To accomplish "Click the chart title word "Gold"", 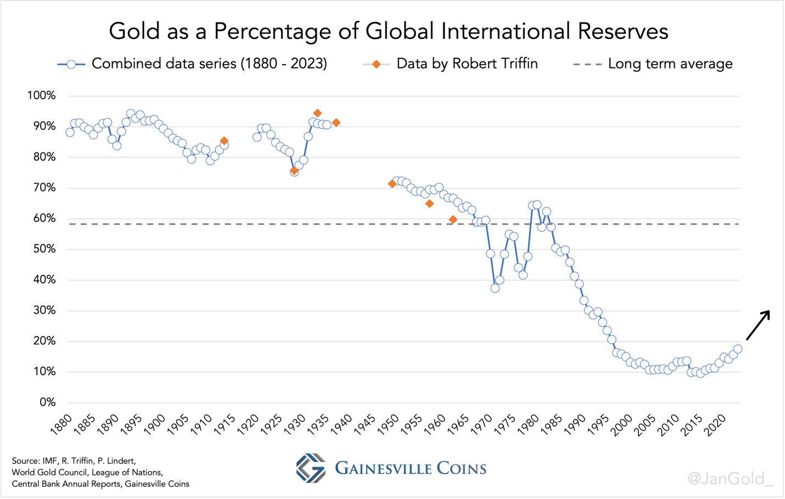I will (132, 31).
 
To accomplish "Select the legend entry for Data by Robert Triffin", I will (450, 64).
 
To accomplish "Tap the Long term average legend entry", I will (653, 64).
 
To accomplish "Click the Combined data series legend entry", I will (192, 64).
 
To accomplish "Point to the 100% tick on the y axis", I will (42, 96).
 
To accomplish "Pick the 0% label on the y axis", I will (47, 402).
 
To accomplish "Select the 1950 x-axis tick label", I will (388, 425).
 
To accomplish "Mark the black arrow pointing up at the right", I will (758, 325).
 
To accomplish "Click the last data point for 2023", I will (738, 349).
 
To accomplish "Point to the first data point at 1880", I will (70, 132).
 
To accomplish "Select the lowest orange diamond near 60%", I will (453, 219).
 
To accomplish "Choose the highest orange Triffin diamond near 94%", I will (317, 113).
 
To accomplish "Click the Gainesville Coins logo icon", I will (311, 468).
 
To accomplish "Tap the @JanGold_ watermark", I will (730, 479).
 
